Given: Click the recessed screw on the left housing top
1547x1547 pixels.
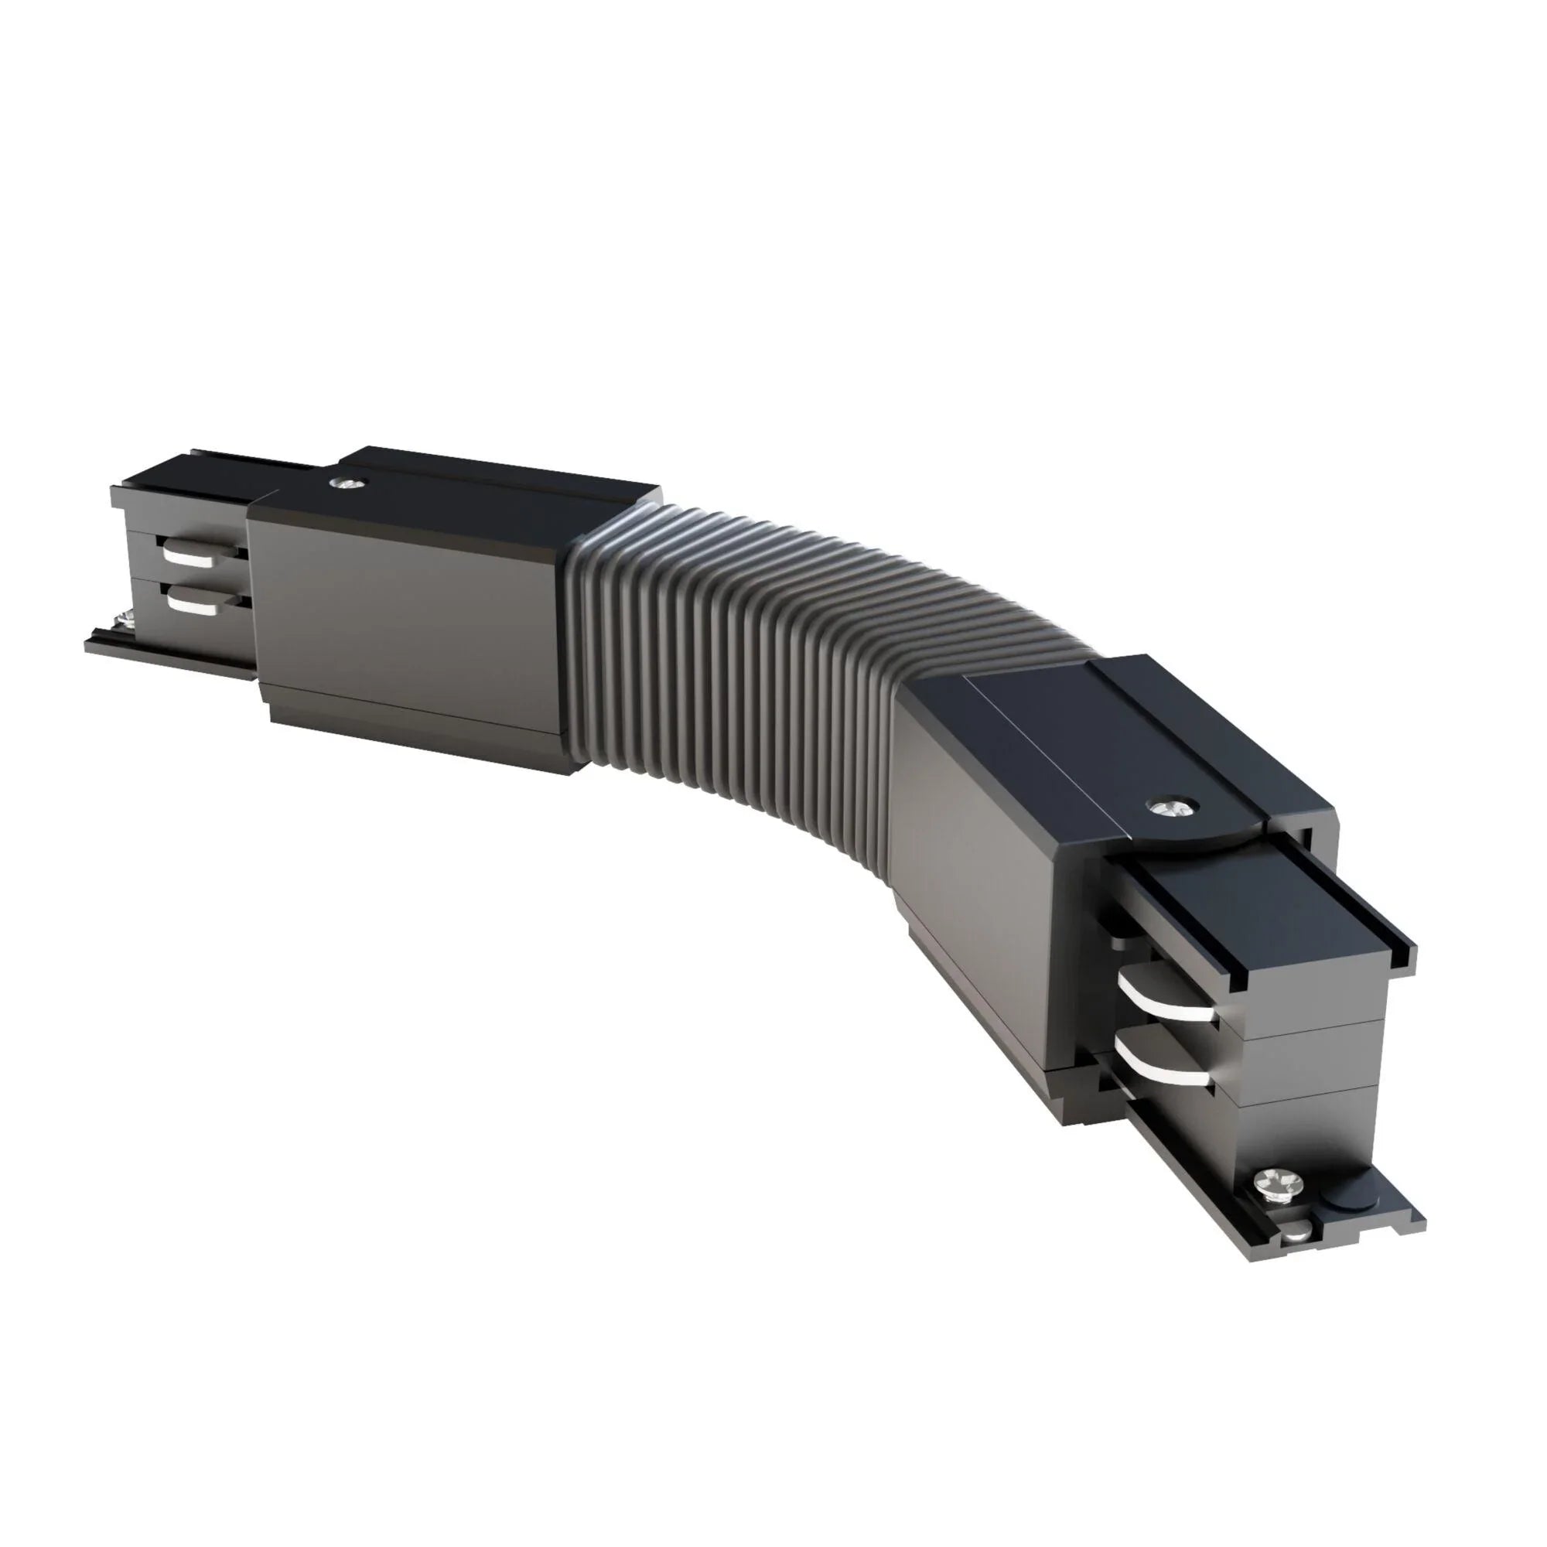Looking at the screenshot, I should tap(347, 483).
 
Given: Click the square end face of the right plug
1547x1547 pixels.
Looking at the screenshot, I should tap(1313, 1065).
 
